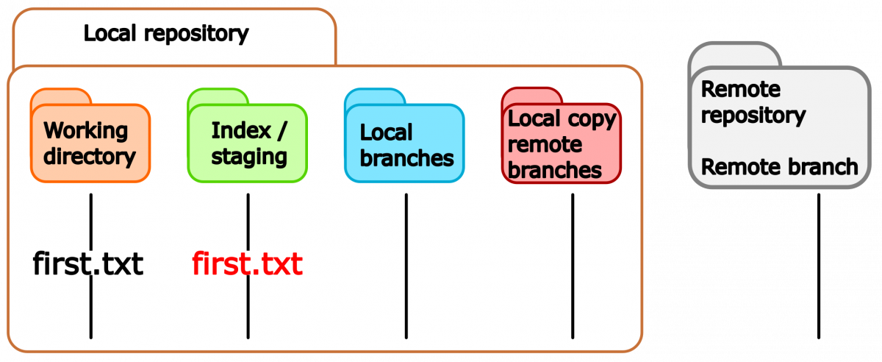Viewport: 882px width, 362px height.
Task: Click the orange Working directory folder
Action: (90, 136)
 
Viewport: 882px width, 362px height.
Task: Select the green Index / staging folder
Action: (247, 136)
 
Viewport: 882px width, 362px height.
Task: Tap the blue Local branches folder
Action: (404, 136)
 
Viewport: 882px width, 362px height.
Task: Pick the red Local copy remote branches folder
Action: (562, 136)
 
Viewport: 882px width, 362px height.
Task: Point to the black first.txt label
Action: (88, 263)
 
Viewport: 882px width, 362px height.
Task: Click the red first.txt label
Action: (247, 263)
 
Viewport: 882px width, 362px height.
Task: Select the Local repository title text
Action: (166, 34)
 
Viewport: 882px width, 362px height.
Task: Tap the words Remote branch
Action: (780, 166)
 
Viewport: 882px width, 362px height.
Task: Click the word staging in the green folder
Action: (249, 157)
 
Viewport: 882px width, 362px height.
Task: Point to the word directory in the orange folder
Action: (90, 157)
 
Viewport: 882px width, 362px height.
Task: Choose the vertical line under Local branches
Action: (406, 266)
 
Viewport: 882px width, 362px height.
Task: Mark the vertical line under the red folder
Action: (573, 266)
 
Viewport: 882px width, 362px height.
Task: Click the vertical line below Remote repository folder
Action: (819, 266)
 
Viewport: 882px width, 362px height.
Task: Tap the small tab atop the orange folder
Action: (61, 96)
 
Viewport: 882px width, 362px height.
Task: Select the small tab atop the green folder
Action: (218, 96)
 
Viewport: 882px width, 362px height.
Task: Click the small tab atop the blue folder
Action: (375, 96)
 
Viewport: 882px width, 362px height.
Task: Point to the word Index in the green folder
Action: (241, 130)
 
